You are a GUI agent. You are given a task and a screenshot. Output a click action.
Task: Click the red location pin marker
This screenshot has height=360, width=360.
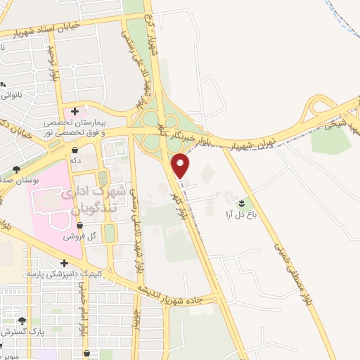[x=181, y=165]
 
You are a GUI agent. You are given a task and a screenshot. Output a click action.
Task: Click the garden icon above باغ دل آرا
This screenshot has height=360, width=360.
[x=245, y=201]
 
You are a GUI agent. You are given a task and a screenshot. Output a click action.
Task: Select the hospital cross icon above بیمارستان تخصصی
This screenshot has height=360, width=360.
[x=75, y=111]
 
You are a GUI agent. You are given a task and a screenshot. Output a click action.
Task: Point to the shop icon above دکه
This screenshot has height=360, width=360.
[x=75, y=150]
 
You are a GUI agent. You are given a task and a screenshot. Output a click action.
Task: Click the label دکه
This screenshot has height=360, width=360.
[x=75, y=160]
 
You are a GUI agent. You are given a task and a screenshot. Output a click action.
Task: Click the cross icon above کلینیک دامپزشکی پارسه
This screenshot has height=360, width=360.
[x=64, y=263]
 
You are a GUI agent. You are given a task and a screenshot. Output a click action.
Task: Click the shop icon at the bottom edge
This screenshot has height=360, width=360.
[x=86, y=353]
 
